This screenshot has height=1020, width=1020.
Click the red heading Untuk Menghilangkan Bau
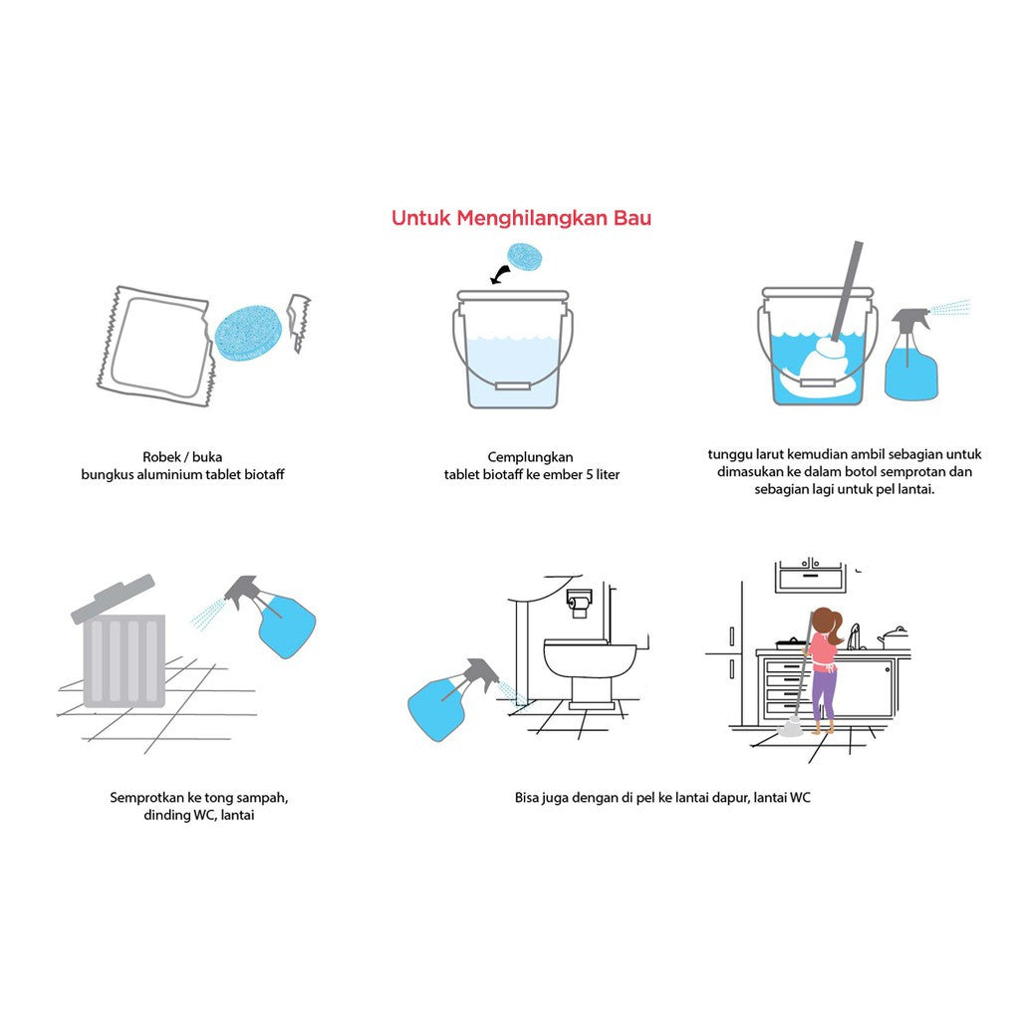click(x=521, y=218)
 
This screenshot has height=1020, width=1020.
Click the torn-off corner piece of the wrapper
click(x=298, y=320)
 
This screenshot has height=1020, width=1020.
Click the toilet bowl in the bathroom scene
click(x=589, y=661)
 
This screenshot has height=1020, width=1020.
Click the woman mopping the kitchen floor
click(x=823, y=667)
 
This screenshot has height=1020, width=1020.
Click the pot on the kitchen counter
click(x=893, y=637)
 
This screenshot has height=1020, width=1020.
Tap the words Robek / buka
click(x=182, y=456)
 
